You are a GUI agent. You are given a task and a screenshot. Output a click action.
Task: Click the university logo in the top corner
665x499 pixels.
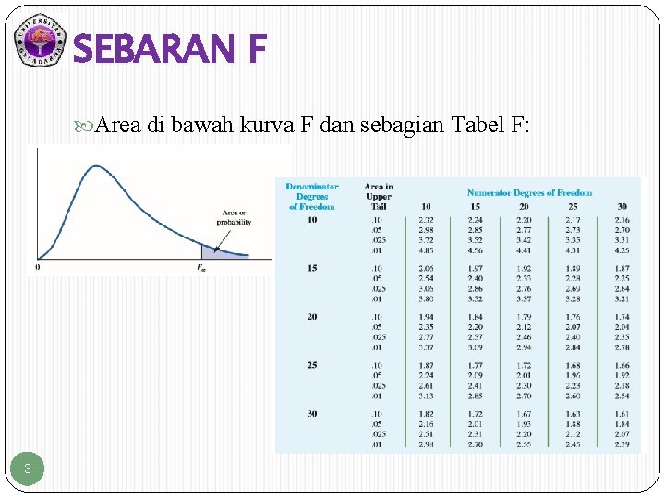click(40, 42)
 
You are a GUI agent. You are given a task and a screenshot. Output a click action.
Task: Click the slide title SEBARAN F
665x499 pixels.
click(170, 49)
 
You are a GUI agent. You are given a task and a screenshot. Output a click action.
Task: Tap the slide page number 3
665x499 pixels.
click(28, 469)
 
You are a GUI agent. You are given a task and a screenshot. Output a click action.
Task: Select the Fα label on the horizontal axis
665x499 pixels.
click(201, 267)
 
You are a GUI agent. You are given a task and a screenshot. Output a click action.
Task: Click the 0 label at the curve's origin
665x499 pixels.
click(38, 267)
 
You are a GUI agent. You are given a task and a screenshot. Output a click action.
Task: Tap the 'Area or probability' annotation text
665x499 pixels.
click(234, 217)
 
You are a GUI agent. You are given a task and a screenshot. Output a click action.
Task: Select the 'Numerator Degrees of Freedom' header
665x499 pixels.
click(529, 193)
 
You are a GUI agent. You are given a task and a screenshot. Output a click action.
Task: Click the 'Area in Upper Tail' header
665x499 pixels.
click(378, 197)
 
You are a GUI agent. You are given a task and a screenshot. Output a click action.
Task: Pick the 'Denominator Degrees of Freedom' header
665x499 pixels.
click(312, 197)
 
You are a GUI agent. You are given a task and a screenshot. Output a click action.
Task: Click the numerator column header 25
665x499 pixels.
click(573, 207)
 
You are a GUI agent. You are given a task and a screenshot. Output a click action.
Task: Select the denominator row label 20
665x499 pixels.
click(312, 316)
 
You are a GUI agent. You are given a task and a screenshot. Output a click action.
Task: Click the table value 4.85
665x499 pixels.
click(426, 250)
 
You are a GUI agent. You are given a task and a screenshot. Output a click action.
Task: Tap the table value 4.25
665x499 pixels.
click(622, 250)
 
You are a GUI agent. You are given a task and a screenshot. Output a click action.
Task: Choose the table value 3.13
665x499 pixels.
click(426, 396)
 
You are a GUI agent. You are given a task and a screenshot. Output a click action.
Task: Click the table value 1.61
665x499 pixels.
click(622, 414)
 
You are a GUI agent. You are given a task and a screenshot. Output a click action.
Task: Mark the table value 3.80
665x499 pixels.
click(426, 298)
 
